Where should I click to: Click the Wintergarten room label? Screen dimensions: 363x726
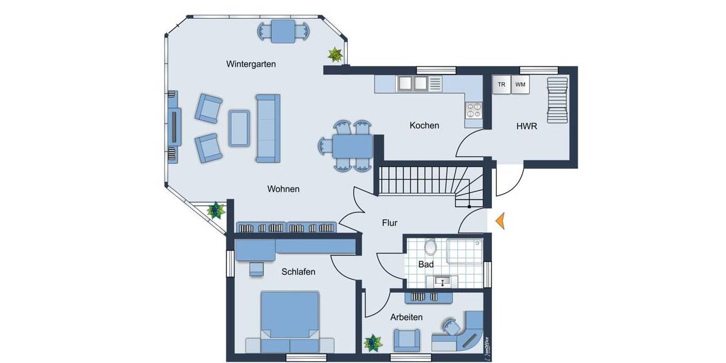point(251,64)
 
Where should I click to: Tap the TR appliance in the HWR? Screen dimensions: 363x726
point(501,85)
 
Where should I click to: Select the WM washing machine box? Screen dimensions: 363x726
point(520,85)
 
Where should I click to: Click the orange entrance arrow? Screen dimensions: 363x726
point(500,221)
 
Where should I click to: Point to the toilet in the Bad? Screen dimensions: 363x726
point(431,247)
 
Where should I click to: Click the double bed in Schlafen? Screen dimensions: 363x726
point(290,317)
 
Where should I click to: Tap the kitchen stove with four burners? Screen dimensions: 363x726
point(473,110)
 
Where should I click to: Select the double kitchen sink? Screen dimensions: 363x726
point(412,83)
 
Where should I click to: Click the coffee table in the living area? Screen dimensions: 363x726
point(239,128)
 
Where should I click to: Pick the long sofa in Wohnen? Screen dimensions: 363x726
point(267,128)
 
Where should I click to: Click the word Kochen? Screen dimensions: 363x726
point(424,125)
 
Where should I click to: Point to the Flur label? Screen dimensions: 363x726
point(390,223)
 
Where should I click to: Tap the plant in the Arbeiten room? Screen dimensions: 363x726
point(373,343)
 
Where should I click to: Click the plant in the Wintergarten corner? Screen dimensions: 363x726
point(335,55)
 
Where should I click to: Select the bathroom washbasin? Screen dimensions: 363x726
point(442,281)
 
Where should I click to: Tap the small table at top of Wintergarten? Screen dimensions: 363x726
point(283,31)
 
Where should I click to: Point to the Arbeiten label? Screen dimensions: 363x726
point(406,316)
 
